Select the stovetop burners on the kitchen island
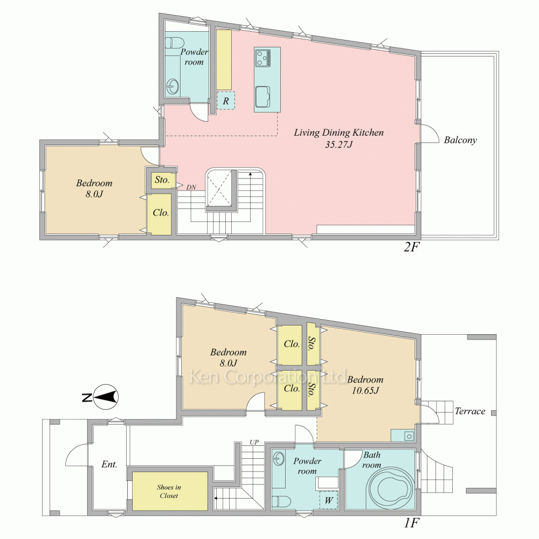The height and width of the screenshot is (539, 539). coord(263,58)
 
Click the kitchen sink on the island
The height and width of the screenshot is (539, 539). coord(262,96)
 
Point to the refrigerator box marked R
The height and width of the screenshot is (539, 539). coord(226,101)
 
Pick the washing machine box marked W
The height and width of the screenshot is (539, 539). coord(329,500)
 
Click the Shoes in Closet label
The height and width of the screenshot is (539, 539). coord(169,491)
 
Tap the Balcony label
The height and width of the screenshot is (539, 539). coord(460,140)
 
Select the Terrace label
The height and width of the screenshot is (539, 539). coord(470,411)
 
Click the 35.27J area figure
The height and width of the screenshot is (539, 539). coord(339,144)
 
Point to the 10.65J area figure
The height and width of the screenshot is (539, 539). coord(365,390)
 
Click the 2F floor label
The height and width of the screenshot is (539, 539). coord(412,247)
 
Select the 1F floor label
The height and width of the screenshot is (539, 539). coord(412,523)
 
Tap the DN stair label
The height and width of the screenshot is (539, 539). coord(191,188)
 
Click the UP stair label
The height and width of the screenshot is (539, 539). coord(254,443)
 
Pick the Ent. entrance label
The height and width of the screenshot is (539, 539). coord(109,465)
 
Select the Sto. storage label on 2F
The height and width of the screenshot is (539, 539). coord(162,180)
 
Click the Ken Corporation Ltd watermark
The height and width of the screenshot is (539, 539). coord(268,377)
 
